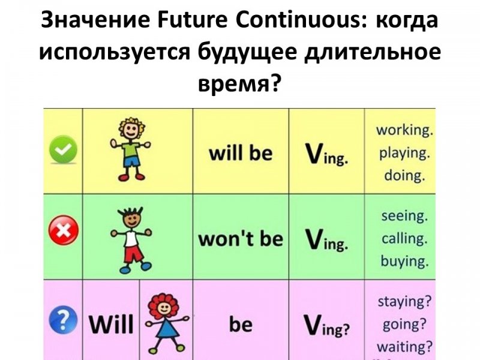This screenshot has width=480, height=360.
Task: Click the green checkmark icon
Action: pos(63,149)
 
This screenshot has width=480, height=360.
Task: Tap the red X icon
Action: pos(64,230)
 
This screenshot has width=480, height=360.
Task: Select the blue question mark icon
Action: pos(63,320)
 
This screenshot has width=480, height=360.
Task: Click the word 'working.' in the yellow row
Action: pos(404,130)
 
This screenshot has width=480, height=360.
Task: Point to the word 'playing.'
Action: pos(404,153)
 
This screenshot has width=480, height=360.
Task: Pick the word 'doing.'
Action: pos(404,176)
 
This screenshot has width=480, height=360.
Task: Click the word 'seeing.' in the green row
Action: pos(404,216)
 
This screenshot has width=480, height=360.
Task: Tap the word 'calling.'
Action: pos(404,238)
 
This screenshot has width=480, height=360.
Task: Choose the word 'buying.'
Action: pos(404,261)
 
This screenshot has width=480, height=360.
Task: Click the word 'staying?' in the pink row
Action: pos(404,302)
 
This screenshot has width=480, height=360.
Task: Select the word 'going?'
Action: pos(404,324)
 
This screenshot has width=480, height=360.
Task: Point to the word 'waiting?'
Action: pos(404,347)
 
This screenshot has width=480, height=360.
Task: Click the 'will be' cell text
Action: pos(241,153)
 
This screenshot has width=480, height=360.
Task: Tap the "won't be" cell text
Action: pos(241,238)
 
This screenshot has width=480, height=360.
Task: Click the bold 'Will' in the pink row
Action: pos(112,324)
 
